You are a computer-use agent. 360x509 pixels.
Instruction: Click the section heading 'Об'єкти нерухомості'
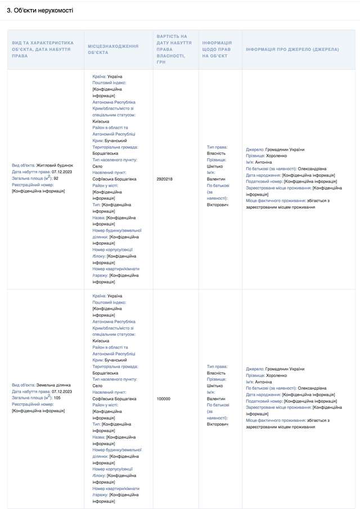(40, 11)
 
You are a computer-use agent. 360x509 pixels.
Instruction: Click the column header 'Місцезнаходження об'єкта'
(113, 49)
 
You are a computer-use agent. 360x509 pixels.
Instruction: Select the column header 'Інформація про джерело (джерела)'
(292, 49)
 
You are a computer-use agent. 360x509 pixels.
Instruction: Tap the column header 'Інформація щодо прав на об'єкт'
(217, 49)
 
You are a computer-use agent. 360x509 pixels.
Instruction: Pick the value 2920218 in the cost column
(164, 178)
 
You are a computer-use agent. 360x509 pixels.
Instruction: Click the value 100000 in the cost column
(163, 398)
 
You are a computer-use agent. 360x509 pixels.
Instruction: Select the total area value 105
(57, 398)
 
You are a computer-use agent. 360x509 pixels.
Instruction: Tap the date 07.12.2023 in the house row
(62, 172)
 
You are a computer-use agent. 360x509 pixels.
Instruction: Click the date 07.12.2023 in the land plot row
(62, 391)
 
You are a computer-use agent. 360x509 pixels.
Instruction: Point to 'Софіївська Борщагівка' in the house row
(114, 178)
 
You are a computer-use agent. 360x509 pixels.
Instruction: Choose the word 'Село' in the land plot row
(97, 385)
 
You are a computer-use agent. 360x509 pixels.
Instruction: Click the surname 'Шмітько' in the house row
(215, 165)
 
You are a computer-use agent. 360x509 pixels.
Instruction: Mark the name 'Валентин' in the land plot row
(216, 398)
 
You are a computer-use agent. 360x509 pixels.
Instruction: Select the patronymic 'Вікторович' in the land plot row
(218, 424)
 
